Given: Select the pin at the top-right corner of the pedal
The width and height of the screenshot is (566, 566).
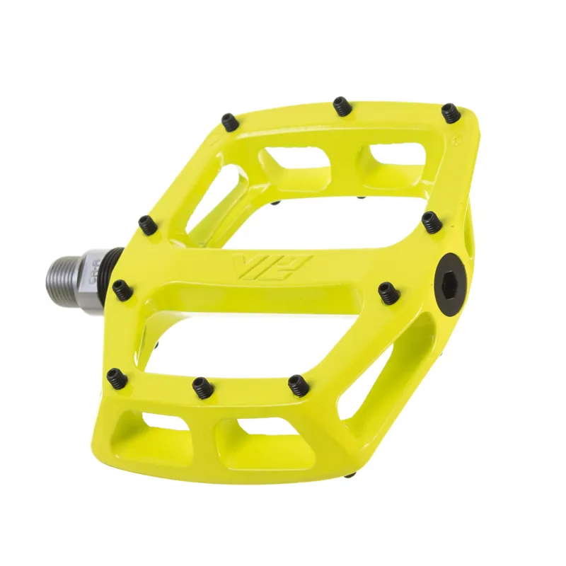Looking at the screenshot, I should tap(450, 112).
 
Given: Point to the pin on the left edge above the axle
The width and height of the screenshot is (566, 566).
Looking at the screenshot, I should tap(146, 225).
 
